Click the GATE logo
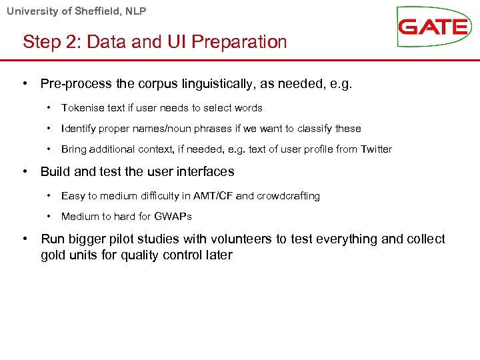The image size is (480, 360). point(433,27)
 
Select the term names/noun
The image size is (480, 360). point(167,129)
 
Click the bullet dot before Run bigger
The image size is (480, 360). point(25,239)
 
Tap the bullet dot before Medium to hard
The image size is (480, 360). point(49,217)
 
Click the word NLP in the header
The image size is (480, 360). point(135,11)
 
